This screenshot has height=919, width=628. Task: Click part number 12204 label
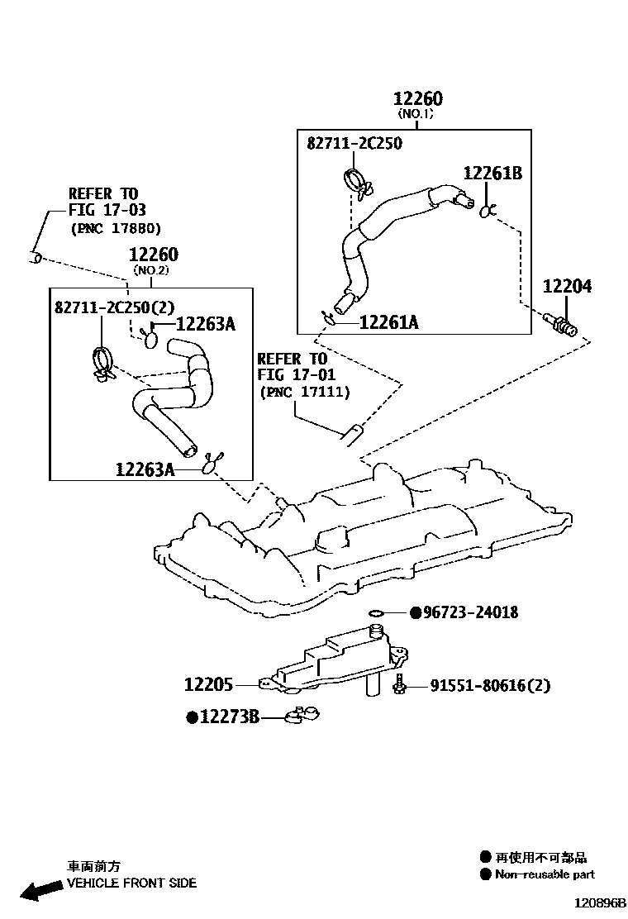click(567, 287)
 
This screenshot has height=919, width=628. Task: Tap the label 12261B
click(492, 173)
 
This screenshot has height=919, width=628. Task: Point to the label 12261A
click(388, 322)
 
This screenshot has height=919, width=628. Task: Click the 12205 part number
click(208, 685)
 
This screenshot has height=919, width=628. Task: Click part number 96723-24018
click(470, 612)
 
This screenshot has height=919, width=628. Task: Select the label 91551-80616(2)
click(489, 685)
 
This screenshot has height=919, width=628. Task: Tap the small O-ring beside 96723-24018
click(377, 612)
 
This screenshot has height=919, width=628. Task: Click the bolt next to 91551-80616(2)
click(400, 683)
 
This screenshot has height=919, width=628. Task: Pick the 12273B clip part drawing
click(302, 715)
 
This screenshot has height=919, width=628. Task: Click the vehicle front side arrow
click(41, 889)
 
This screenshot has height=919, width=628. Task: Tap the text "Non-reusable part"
click(545, 874)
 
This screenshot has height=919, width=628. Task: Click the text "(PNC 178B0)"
click(116, 228)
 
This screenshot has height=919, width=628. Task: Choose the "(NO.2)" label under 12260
click(151, 270)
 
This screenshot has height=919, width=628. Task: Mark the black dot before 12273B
click(192, 718)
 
